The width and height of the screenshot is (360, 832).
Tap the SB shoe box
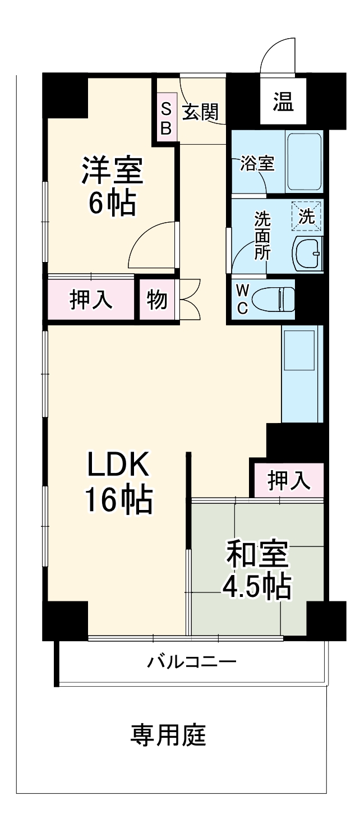coord(166,118)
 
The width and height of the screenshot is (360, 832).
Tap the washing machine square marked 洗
coord(307,217)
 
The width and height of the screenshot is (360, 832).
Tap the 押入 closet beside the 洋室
coord(91,300)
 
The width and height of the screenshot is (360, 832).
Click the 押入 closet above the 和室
coord(288,481)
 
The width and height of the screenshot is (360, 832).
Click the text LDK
coord(118,465)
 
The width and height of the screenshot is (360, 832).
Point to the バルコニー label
coord(192,663)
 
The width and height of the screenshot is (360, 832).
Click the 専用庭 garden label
coord(168,735)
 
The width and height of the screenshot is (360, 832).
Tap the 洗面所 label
coord(262,236)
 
